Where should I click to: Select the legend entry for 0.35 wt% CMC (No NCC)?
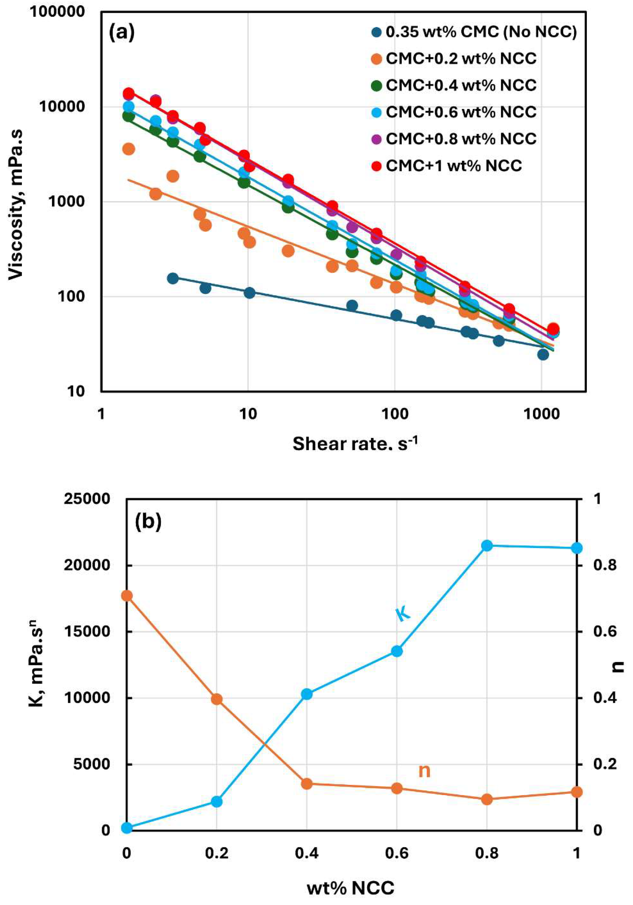point(481,32)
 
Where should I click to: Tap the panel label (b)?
point(148,522)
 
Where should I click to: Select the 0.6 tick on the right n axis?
point(606,632)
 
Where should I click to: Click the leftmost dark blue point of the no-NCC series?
point(172,278)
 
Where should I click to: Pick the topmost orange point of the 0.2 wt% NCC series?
point(129,149)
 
